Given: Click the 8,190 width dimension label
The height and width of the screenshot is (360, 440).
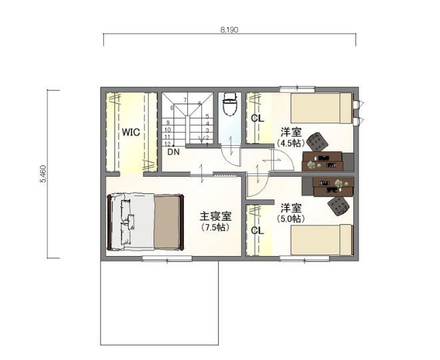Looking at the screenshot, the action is (x=229, y=30).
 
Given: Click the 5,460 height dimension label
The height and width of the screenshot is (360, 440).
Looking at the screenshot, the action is (x=43, y=174).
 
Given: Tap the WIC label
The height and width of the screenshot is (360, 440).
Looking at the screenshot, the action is (x=131, y=132).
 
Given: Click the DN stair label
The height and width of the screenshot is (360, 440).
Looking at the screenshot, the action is (x=173, y=153).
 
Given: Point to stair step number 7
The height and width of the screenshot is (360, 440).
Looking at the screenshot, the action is (x=185, y=100).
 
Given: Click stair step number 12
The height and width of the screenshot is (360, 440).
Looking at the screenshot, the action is (x=167, y=143).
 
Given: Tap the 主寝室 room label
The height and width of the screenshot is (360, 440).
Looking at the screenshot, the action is (x=215, y=217).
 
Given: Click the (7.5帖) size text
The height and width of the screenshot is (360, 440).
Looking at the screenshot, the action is (x=215, y=227).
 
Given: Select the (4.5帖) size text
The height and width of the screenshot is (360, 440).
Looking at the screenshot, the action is (x=291, y=143).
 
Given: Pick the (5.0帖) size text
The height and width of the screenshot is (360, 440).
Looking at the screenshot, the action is (x=291, y=219).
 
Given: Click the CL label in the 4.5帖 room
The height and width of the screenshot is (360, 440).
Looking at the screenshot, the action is (x=257, y=119).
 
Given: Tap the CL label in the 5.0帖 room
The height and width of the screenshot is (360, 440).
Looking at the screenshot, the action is (x=257, y=231).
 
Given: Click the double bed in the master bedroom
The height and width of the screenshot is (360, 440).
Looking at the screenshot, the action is (x=145, y=222).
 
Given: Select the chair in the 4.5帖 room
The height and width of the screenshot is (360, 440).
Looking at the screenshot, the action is (x=317, y=141).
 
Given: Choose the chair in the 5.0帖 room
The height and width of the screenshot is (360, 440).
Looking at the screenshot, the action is (x=339, y=206).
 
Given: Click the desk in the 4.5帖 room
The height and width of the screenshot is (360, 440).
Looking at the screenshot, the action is (x=323, y=161).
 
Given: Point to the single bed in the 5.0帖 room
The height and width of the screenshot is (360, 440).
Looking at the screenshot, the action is (x=322, y=239).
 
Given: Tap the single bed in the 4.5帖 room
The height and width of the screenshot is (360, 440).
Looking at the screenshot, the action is (x=322, y=108).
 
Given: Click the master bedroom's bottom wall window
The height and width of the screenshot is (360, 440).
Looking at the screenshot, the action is (x=167, y=259).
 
